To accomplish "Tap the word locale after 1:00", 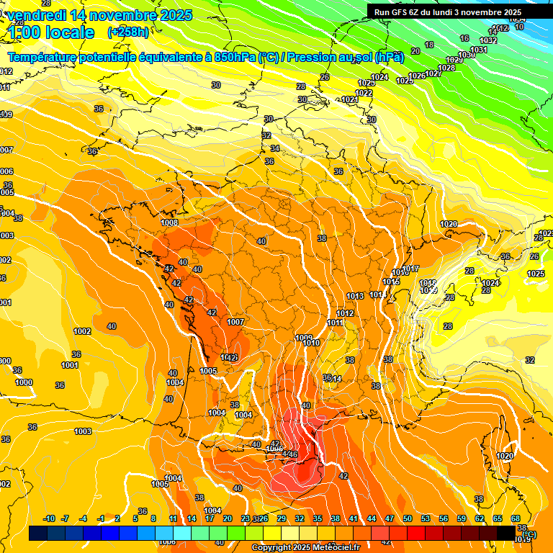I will pos(69,32).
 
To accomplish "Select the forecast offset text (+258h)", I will pos(129,32).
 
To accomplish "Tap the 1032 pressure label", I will pos(488,41).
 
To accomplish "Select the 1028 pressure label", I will pos(446,68).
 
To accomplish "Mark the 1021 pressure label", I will pos(349,99).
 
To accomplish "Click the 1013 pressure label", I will pos(355,296).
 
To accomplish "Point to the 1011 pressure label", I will pos(336,323).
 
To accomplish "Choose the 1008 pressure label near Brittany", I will pos(170,222).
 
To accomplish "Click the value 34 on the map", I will pos(275,148).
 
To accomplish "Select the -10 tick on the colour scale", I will pos(49,518).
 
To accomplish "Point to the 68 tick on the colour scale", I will pos(516,518).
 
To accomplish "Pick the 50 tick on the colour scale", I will pos(408,518).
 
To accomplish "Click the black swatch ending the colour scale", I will pos(506,533).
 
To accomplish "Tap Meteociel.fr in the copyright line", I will pos(336,548).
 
